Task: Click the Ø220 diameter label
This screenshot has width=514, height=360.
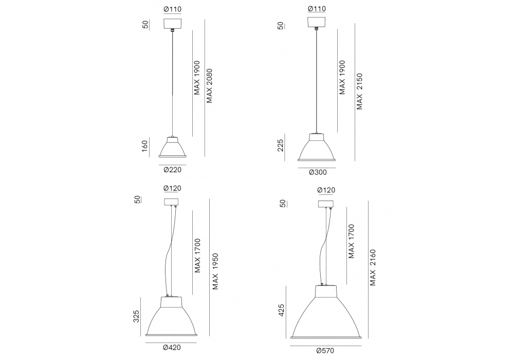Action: pos(172,170)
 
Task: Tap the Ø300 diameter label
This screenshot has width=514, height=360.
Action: pos(318,172)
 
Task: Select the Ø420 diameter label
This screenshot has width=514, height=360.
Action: pos(172,348)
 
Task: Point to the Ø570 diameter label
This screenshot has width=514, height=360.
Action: pos(325,351)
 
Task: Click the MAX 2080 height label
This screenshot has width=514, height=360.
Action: pos(210,86)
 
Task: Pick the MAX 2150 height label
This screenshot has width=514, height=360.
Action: pos(360,92)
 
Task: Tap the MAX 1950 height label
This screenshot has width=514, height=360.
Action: pos(215,272)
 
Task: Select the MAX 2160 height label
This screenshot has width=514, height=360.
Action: pos(373,267)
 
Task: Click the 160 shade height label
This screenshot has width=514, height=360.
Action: pos(144,146)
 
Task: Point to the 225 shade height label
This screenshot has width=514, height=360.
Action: pos(280,145)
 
